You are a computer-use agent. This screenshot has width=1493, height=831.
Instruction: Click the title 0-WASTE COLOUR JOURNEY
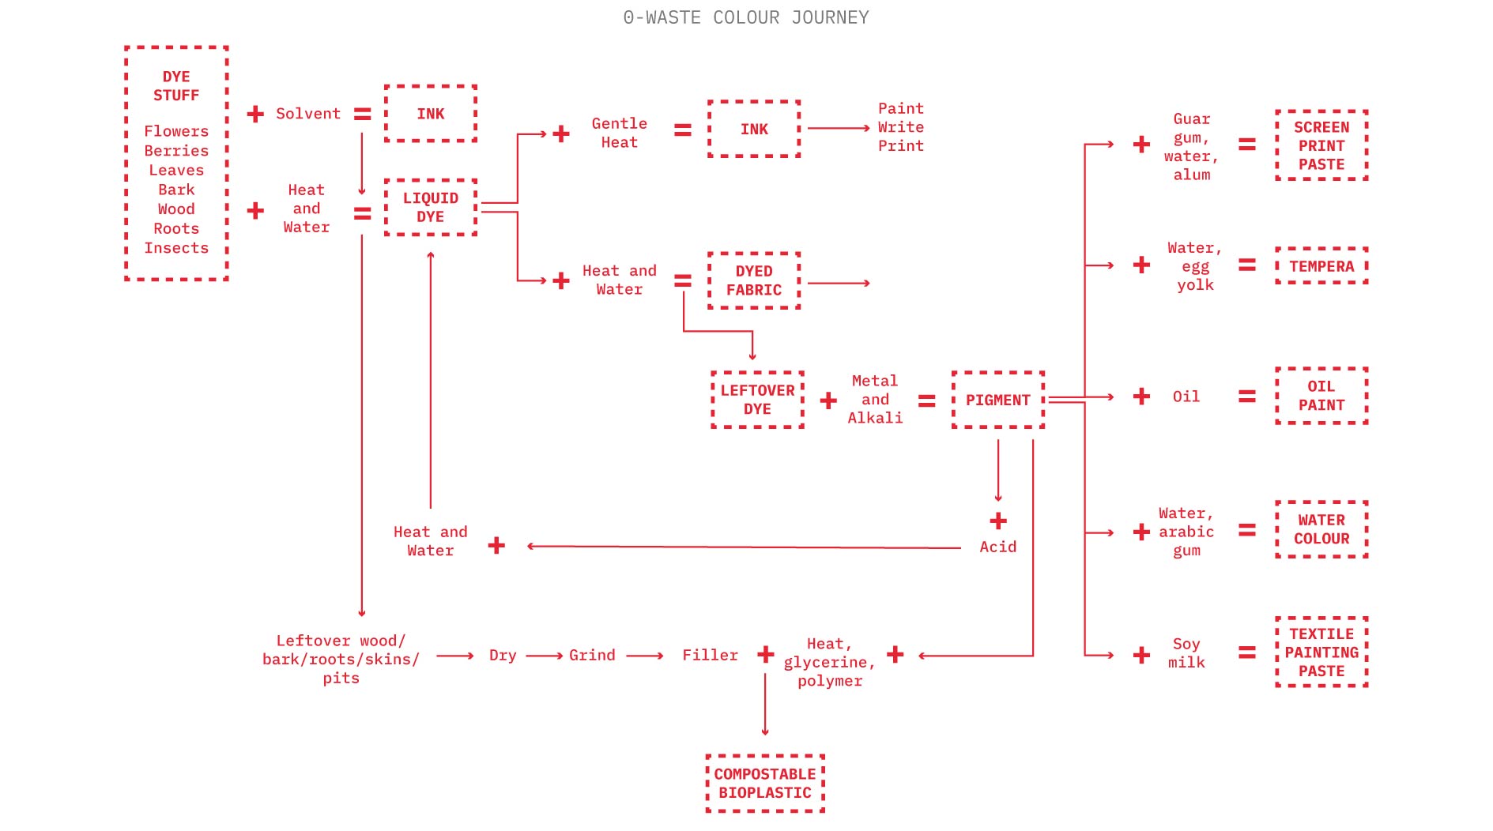(x=745, y=17)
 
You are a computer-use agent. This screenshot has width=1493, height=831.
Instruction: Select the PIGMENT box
(x=997, y=400)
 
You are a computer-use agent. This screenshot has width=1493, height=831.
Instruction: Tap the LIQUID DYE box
(x=431, y=207)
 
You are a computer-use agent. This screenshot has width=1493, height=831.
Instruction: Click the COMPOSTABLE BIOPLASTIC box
(x=764, y=783)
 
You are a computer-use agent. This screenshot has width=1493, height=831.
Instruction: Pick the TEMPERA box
(x=1321, y=266)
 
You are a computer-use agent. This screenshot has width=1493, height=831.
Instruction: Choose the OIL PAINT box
(x=1321, y=396)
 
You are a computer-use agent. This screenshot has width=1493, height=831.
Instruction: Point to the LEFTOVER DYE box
(x=757, y=400)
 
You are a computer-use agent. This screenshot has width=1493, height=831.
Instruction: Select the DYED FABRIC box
(x=753, y=280)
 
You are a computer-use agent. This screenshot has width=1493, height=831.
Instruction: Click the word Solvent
(x=307, y=114)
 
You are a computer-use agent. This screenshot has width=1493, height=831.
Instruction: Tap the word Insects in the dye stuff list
(x=176, y=248)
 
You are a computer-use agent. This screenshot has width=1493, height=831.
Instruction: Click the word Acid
(x=997, y=547)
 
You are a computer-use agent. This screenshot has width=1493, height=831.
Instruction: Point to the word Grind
(x=592, y=655)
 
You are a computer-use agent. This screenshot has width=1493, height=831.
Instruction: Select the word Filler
(x=710, y=655)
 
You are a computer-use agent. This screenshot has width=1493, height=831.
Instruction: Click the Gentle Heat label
(x=619, y=133)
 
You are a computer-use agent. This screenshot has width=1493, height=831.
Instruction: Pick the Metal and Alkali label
(x=875, y=400)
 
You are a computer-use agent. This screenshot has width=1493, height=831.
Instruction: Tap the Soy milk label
(x=1186, y=653)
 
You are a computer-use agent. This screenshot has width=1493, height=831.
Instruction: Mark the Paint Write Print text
(x=900, y=127)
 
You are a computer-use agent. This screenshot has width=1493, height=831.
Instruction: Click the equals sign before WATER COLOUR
(x=1246, y=530)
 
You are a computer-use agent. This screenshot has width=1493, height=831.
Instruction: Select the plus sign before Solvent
(x=255, y=115)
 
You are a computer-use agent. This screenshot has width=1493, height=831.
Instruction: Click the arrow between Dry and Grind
(x=544, y=656)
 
